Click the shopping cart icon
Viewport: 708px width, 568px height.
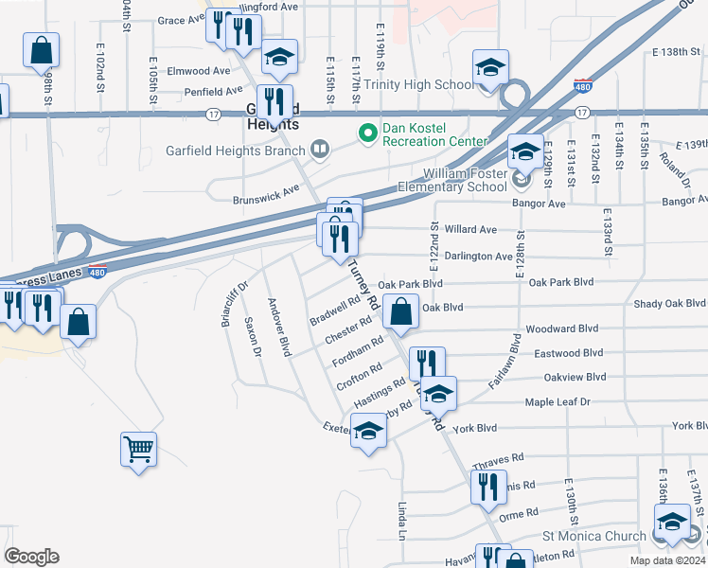(x=138, y=448)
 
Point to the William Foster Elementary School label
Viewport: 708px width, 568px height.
(x=465, y=180)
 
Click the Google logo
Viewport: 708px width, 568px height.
(x=31, y=557)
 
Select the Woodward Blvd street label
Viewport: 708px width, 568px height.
(x=563, y=329)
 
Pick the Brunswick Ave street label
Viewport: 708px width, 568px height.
(x=266, y=200)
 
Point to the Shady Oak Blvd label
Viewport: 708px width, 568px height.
(x=670, y=304)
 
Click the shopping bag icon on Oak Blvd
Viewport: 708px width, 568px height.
(x=401, y=311)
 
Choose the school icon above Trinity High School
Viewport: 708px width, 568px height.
(x=490, y=68)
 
